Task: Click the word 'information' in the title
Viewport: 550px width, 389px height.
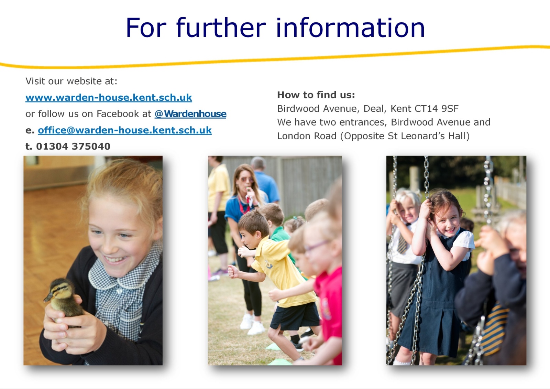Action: pyautogui.click(x=350, y=28)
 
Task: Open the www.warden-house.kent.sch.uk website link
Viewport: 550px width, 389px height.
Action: pyautogui.click(x=109, y=98)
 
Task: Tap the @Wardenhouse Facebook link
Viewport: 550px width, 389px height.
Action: pyautogui.click(x=190, y=114)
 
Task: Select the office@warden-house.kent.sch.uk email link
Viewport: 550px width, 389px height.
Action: pyautogui.click(x=125, y=130)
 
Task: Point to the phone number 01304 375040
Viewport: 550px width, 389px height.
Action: pyautogui.click(x=73, y=147)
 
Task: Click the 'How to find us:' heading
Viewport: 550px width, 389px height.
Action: pyautogui.click(x=316, y=95)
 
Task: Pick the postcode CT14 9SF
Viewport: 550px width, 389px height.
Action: pyautogui.click(x=436, y=109)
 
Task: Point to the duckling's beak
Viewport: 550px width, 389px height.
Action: pyautogui.click(x=48, y=298)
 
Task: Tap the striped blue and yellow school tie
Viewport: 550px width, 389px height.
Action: pyautogui.click(x=494, y=329)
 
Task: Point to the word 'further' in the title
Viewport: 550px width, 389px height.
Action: pyautogui.click(x=221, y=28)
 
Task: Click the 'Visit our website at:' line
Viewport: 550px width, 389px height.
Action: pyautogui.click(x=71, y=81)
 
